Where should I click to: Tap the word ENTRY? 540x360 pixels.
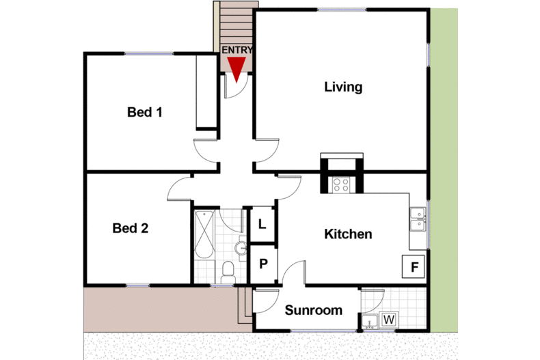(237, 50)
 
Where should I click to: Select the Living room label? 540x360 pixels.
(343, 87)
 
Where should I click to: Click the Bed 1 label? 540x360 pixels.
(145, 112)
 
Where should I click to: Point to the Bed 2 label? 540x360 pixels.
(130, 228)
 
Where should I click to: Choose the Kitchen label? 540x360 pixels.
(348, 234)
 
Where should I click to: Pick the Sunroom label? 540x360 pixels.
(313, 310)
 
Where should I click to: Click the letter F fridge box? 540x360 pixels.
(414, 266)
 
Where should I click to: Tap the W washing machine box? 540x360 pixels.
(389, 319)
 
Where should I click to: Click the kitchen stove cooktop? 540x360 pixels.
(341, 184)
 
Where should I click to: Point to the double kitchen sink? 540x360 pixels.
(418, 218)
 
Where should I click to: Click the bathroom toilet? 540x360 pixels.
(228, 270)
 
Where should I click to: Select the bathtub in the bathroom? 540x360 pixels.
(204, 234)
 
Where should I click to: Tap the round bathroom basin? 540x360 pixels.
(241, 247)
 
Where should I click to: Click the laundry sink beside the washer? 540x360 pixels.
(370, 322)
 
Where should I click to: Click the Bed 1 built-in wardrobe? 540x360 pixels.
(206, 92)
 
